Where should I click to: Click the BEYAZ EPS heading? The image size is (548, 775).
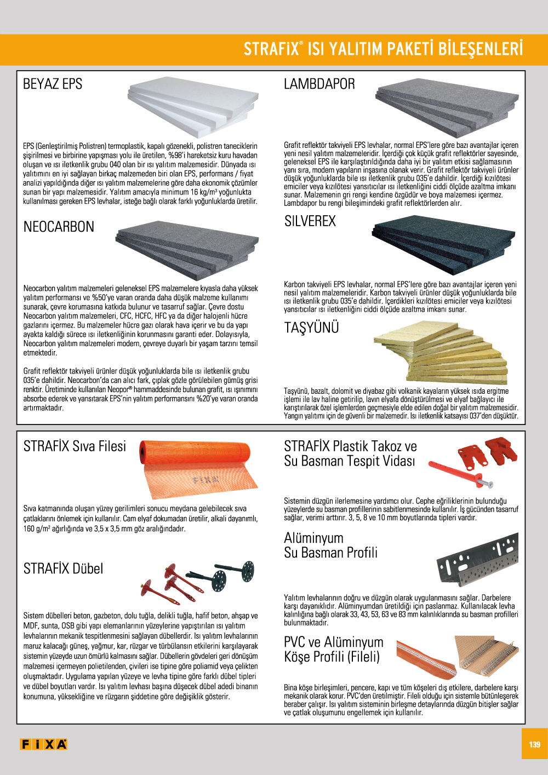click(53, 84)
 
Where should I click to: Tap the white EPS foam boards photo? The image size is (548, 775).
click(193, 106)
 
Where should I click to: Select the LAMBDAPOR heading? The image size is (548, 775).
click(319, 84)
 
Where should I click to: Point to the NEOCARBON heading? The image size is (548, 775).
click(59, 227)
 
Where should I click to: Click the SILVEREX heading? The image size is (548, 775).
click(310, 221)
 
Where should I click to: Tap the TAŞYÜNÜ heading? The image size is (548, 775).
click(311, 328)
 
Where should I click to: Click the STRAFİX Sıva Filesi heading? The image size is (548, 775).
click(75, 446)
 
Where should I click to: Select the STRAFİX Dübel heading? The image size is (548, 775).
click(63, 569)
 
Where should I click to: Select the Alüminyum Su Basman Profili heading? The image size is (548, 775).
click(330, 546)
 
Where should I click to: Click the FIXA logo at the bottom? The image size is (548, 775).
click(43, 744)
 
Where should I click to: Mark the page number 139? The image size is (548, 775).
click(534, 744)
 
